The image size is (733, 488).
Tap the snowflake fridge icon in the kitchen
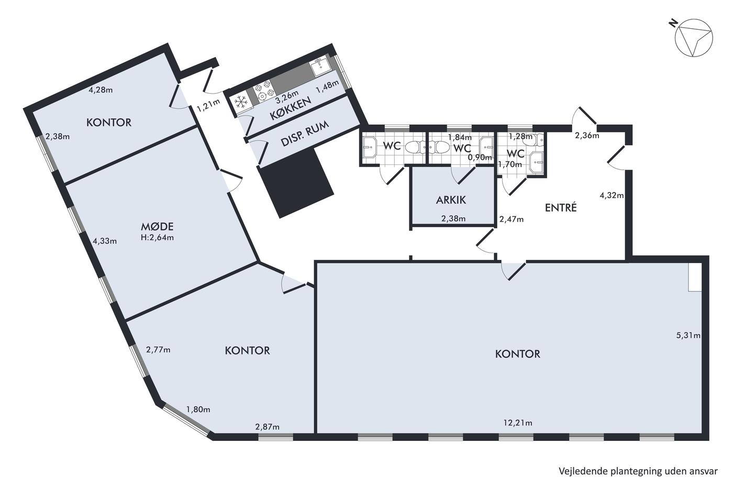tap(241, 103)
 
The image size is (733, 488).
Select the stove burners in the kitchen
tap(263, 90)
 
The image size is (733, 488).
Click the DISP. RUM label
tap(305, 134)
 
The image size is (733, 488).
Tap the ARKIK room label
tap(451, 200)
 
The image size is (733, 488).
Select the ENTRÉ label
tap(561, 208)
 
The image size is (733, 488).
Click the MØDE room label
tap(157, 226)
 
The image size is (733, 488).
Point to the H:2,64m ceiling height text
tap(157, 237)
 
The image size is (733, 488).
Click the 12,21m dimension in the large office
tap(518, 423)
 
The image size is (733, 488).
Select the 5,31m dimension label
tap(688, 335)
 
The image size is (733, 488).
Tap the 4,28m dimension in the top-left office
tap(101, 90)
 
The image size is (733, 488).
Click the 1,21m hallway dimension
tap(208, 105)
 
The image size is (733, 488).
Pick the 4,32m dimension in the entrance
tap(612, 196)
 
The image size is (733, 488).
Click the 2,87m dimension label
tap(268, 427)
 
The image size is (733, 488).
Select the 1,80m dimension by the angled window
tap(198, 409)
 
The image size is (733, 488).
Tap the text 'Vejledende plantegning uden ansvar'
tap(638, 471)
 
